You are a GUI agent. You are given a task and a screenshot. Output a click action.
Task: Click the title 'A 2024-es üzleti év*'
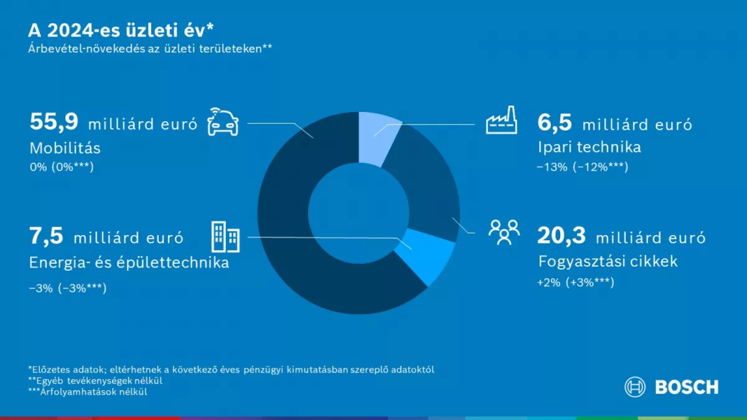click(121, 30)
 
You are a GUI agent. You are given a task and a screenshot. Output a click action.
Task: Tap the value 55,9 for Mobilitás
click(54, 122)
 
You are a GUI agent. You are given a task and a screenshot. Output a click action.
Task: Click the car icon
click(223, 122)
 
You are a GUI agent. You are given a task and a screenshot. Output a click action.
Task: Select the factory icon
click(502, 120)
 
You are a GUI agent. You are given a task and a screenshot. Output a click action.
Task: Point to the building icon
click(225, 236)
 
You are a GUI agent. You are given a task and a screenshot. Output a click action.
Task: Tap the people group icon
click(504, 232)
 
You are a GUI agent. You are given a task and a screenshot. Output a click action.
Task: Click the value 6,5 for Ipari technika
click(555, 123)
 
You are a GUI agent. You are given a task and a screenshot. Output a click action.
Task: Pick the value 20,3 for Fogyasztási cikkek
click(561, 236)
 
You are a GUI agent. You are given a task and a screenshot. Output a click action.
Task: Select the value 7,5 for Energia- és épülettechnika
click(46, 236)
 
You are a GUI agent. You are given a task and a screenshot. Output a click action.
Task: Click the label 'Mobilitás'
click(65, 148)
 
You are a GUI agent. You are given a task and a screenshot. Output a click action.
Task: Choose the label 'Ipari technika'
click(590, 147)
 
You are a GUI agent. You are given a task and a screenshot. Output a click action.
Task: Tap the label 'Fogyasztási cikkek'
click(608, 262)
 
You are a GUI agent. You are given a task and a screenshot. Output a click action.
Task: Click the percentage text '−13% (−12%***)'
click(582, 167)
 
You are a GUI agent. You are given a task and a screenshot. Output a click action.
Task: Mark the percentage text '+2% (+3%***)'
click(576, 282)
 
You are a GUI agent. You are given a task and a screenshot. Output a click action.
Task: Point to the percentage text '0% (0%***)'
click(62, 167)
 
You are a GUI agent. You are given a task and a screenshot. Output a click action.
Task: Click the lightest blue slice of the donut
click(377, 138)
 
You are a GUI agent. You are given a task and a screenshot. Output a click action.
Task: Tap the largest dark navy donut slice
click(283, 213)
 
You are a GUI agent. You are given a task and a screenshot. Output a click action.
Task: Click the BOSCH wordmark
click(687, 387)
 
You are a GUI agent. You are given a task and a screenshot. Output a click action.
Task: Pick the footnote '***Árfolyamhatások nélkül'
click(88, 391)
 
